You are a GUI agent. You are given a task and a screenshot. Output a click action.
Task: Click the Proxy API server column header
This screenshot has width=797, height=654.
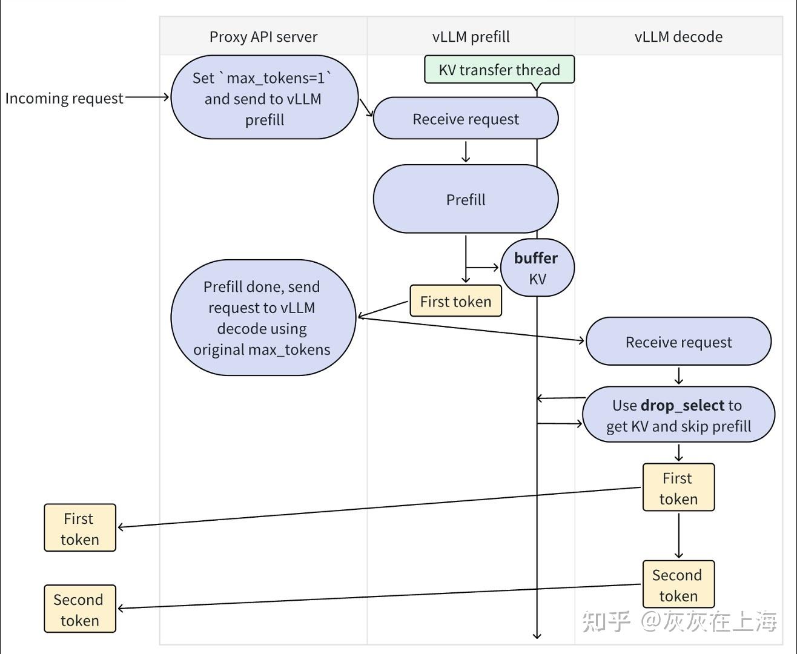[263, 37]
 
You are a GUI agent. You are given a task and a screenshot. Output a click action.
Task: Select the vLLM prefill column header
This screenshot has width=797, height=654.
[471, 37]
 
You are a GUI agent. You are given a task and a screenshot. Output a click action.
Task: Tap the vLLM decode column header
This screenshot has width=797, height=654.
[678, 37]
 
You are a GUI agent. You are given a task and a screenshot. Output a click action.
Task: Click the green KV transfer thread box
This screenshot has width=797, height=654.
[499, 70]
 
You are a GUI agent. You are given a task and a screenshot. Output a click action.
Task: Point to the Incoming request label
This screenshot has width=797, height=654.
[64, 98]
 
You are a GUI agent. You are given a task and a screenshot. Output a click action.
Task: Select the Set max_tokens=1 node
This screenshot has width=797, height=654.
[264, 98]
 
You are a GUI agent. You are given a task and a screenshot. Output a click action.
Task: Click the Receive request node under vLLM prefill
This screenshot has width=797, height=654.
[465, 119]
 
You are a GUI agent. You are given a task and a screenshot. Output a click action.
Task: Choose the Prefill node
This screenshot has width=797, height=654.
[465, 199]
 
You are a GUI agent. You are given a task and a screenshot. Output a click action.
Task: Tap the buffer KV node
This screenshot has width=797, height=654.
[537, 268]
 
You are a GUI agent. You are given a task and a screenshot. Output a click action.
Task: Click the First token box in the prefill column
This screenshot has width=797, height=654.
[455, 302]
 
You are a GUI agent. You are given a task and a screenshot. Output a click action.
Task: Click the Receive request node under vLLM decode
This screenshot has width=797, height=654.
[678, 342]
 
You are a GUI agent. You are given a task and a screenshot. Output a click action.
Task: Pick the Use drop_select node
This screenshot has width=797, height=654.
[678, 415]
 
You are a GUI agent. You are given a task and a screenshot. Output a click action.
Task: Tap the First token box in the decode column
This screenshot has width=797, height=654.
[678, 488]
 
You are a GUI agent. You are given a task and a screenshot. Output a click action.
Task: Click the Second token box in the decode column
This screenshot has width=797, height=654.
[678, 585]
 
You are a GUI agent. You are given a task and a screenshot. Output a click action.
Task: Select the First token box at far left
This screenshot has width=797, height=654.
[79, 528]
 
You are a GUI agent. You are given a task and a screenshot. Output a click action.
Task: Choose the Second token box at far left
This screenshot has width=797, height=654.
[79, 609]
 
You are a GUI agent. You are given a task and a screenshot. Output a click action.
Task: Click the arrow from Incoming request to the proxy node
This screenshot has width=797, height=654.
[147, 97]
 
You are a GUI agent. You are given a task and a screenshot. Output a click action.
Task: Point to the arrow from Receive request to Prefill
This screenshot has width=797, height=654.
[465, 152]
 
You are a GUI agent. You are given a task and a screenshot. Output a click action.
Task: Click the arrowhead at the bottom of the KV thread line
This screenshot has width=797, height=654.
[537, 635]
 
